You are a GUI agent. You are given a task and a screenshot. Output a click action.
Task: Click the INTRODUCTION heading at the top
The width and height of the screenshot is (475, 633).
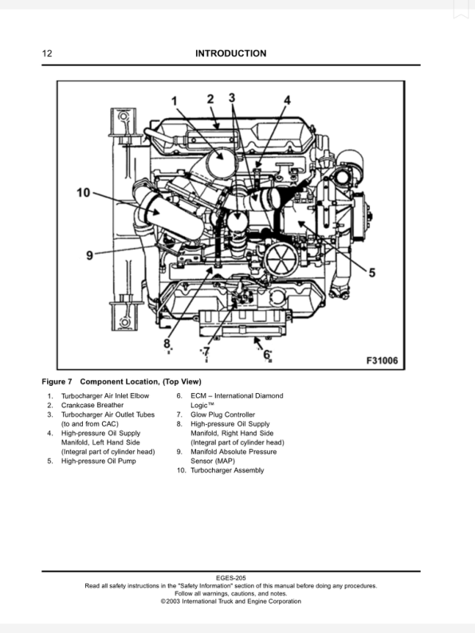click(x=230, y=53)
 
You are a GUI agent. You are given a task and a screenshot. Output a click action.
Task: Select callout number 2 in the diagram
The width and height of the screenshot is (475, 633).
click(x=210, y=99)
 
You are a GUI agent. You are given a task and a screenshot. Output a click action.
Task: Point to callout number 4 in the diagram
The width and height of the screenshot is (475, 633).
click(x=288, y=100)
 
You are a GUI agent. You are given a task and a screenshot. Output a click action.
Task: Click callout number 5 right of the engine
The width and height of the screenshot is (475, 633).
click(x=371, y=272)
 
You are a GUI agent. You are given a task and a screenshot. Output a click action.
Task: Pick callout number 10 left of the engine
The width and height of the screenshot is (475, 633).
click(x=84, y=192)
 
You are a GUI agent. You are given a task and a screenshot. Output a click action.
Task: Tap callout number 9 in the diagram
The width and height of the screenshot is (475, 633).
click(x=90, y=255)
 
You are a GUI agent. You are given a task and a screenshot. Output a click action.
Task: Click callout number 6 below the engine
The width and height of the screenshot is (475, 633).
click(x=267, y=355)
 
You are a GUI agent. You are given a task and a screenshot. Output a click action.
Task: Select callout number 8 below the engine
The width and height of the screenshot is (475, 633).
click(x=167, y=344)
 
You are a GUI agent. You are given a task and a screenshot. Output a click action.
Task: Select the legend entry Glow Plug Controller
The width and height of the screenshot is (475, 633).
click(x=222, y=415)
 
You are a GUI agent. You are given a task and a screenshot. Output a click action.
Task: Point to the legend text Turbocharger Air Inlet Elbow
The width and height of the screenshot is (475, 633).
click(x=104, y=396)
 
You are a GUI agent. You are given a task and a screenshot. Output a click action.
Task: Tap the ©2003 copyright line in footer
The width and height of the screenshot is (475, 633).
click(x=230, y=602)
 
